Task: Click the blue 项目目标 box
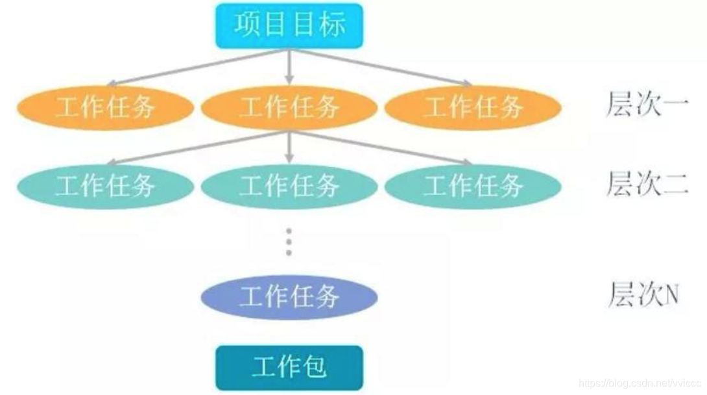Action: coord(289,25)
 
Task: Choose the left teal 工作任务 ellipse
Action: coord(105,186)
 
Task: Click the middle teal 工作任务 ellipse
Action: coord(289,186)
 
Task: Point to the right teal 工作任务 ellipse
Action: coord(473,186)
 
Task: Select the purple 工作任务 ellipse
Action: coord(289,297)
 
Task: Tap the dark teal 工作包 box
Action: coord(289,367)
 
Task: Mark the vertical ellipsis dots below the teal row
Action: coord(289,242)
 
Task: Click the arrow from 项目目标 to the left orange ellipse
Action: coord(195,67)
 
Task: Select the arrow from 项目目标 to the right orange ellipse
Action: coord(383,67)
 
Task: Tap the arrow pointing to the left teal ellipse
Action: coord(195,146)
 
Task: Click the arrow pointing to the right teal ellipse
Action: coord(383,146)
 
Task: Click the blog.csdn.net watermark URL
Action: coord(639,384)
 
